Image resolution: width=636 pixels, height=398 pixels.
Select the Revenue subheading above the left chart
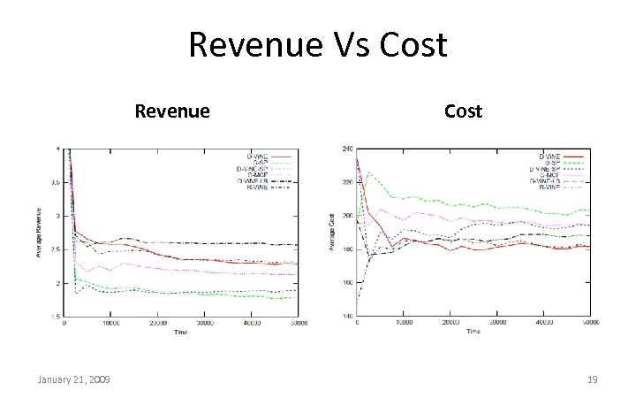pos(171,111)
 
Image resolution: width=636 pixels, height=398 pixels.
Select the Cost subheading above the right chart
pos(463,111)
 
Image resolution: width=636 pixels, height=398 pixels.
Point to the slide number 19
pos(592,379)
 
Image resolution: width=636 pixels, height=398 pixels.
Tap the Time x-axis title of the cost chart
pos(473,331)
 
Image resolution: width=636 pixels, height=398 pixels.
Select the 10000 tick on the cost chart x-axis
pos(404,323)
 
